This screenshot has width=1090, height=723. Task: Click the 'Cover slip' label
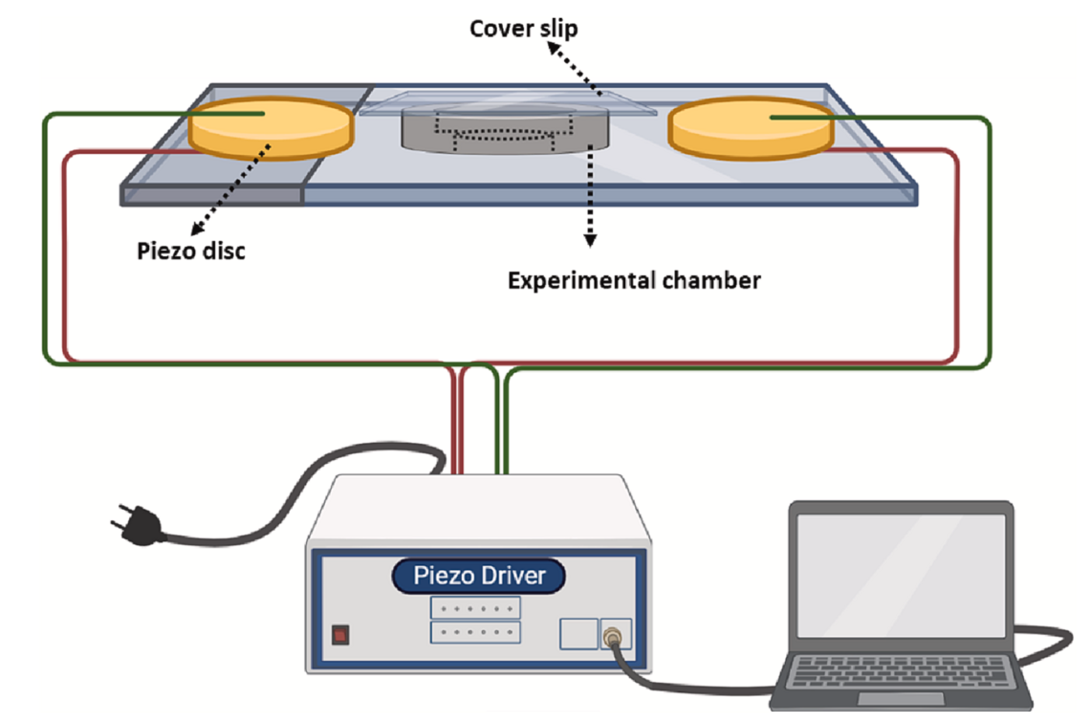[523, 29]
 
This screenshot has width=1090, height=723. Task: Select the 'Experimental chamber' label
[634, 280]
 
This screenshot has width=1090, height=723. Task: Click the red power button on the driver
[339, 634]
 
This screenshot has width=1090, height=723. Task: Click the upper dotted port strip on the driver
[475, 607]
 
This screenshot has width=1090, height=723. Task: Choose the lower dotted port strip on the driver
[475, 632]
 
